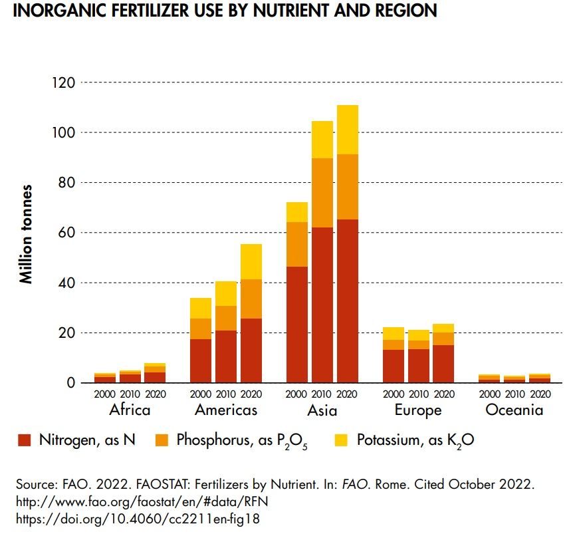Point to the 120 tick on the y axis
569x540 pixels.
64,82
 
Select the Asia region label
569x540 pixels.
322,410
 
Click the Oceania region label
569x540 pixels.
514,410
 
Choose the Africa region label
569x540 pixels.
130,410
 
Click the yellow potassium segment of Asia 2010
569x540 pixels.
322,140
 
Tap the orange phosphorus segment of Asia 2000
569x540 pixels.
296,244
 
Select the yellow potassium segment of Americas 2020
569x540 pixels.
251,261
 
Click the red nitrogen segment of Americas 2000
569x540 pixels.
201,360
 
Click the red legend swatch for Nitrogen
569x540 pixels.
25,440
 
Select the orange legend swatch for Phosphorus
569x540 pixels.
163,440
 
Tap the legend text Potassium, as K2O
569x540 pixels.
415,440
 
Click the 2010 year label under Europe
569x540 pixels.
418,394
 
